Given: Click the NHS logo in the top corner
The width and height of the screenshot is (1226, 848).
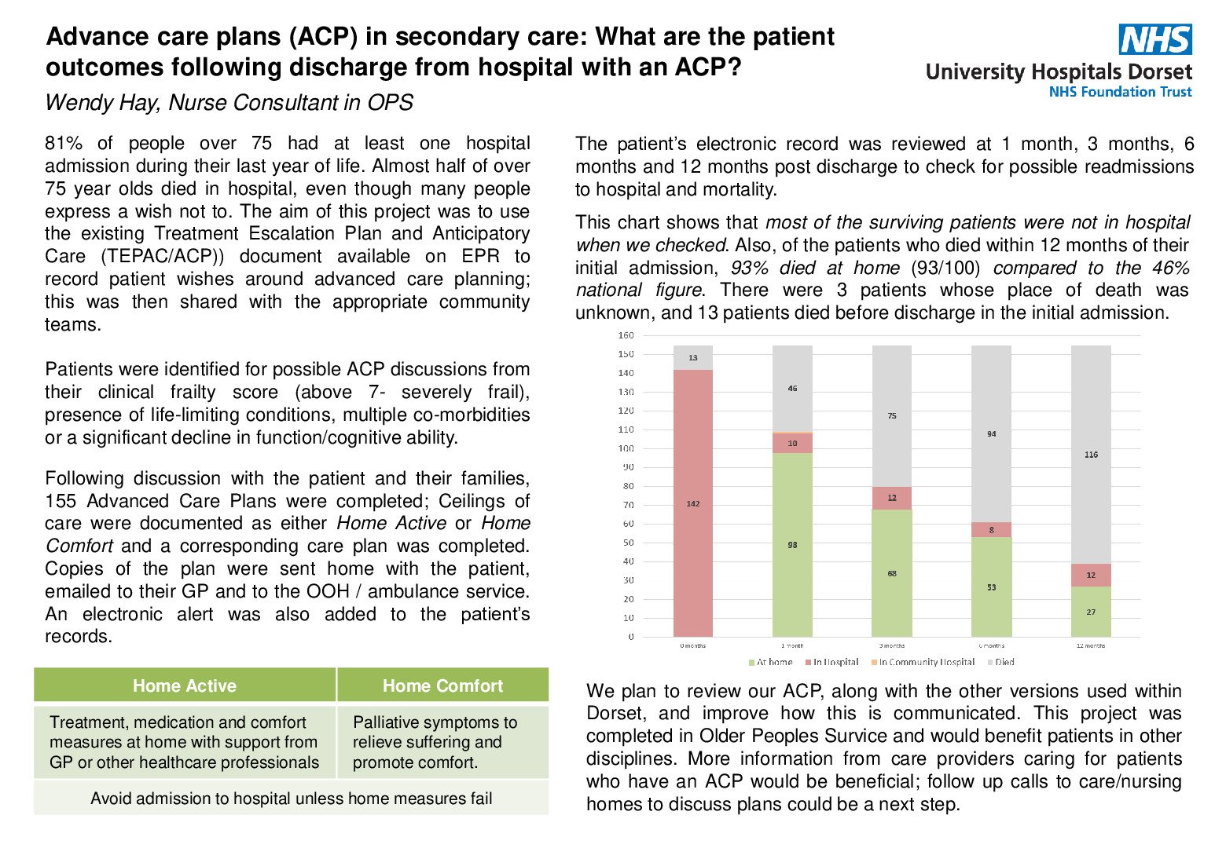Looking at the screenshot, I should (1155, 39).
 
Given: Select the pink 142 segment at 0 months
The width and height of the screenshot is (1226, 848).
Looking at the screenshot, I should (693, 503).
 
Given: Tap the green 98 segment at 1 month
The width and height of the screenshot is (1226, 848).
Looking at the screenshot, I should (792, 544).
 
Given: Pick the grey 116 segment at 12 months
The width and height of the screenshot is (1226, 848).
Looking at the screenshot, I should (1091, 455).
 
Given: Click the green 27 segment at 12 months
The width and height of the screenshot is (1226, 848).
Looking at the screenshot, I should (1091, 612).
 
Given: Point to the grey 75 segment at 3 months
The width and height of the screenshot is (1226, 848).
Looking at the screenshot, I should (892, 415).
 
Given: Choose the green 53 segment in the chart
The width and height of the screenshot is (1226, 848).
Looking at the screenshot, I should (991, 587).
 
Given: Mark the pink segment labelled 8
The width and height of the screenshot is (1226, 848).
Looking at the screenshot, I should (991, 530).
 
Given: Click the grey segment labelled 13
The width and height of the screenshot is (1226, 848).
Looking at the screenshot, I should (693, 358).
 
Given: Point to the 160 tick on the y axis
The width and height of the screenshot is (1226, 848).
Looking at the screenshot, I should (626, 335).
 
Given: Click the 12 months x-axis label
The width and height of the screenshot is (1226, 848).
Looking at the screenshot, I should (1090, 645).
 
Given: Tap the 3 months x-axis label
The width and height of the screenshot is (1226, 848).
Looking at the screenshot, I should (892, 645).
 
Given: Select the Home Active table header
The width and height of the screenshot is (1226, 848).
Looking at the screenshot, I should (185, 685).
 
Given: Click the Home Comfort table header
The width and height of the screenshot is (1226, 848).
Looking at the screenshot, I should (442, 685).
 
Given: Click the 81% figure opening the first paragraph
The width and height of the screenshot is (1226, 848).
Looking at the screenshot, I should (64, 144).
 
